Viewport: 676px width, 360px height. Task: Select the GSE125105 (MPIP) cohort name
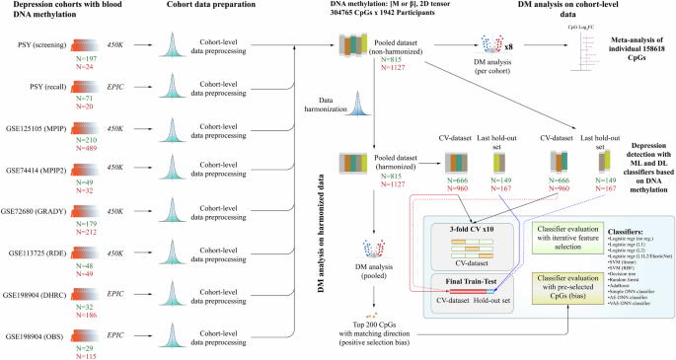[x=36, y=128]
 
